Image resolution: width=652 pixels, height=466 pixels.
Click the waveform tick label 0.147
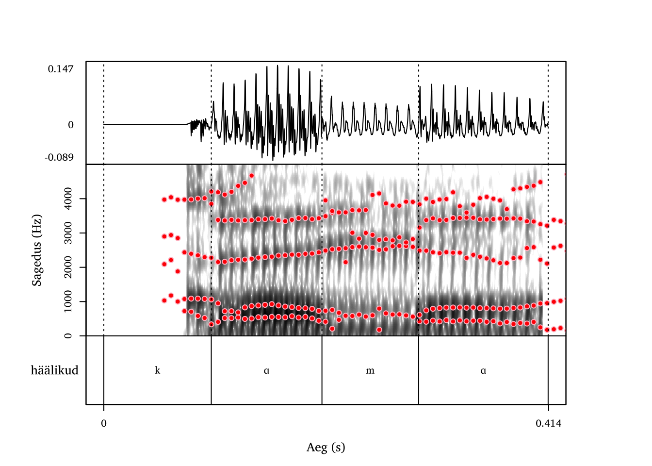pyautogui.click(x=61, y=69)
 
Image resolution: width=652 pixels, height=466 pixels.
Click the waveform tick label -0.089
pyautogui.click(x=59, y=157)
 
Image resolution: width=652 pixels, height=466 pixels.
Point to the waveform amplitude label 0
pyautogui.click(x=71, y=125)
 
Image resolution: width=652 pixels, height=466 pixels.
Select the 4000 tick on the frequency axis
pyautogui.click(x=68, y=199)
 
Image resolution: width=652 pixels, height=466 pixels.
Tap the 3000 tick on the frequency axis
pyautogui.click(x=68, y=233)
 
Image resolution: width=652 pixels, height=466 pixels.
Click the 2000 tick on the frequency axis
pyautogui.click(x=68, y=267)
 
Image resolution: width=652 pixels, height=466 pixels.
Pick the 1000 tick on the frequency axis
pyautogui.click(x=68, y=301)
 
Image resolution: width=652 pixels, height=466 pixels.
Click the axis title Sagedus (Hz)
pyautogui.click(x=37, y=250)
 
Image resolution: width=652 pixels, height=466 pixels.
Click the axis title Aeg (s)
pyautogui.click(x=326, y=447)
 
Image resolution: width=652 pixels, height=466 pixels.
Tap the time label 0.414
pyautogui.click(x=548, y=423)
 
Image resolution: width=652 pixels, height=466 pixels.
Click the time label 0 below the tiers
pyautogui.click(x=104, y=423)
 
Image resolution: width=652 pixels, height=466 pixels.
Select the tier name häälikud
pyautogui.click(x=54, y=370)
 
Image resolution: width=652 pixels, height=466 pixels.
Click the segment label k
pyautogui.click(x=157, y=370)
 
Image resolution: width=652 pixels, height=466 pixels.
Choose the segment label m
pyautogui.click(x=370, y=370)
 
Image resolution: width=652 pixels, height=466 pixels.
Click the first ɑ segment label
pyautogui.click(x=266, y=370)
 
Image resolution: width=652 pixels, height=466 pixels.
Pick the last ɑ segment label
pyautogui.click(x=483, y=370)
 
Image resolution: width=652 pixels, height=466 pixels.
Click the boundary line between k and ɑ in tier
pyautogui.click(x=211, y=370)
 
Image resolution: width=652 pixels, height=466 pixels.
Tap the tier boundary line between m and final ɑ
pyautogui.click(x=419, y=370)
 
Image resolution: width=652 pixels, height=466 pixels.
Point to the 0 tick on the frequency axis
pyautogui.click(x=68, y=335)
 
